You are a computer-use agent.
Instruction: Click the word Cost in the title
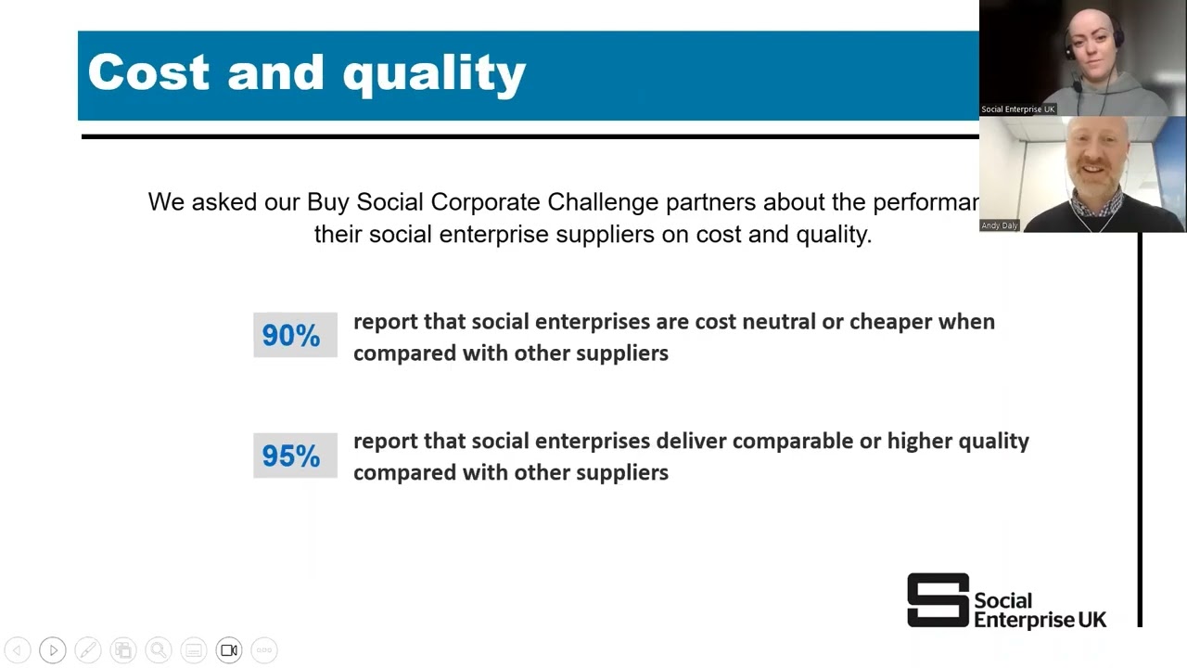[148, 72]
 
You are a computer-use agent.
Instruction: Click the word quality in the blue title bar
[435, 75]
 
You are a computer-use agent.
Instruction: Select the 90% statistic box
[295, 335]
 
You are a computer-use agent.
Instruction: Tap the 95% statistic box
[295, 456]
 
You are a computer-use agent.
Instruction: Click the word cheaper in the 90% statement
[891, 322]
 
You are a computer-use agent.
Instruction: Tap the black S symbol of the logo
[938, 599]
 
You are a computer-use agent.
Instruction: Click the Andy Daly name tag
[1000, 225]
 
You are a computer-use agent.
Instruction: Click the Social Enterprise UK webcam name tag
[1018, 109]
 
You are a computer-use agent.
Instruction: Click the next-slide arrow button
[53, 650]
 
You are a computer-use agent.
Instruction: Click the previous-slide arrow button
[18, 650]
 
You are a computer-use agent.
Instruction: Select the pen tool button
[88, 650]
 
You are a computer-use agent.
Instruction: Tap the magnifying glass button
[159, 650]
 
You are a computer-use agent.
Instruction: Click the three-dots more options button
[264, 650]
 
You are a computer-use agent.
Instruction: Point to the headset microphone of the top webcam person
[1077, 84]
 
